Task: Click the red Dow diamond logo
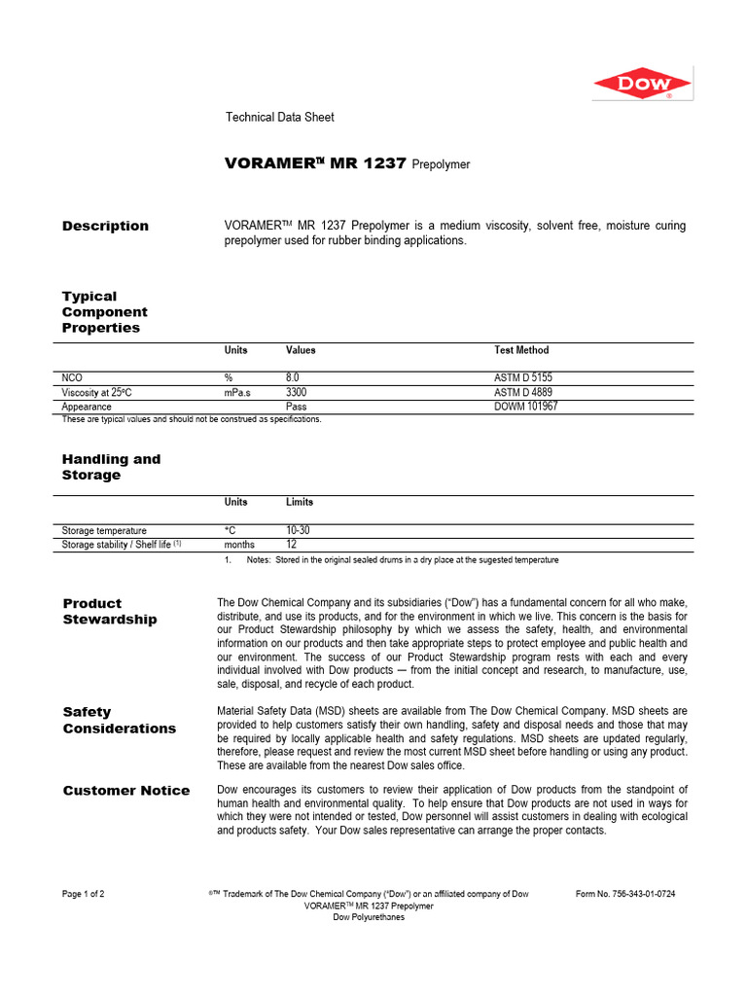click(x=642, y=84)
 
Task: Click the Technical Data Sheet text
click(x=279, y=117)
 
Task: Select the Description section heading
click(x=105, y=226)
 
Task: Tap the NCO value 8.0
click(x=293, y=377)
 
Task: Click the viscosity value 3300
click(x=297, y=392)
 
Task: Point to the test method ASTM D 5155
click(x=523, y=377)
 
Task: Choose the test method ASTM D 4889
click(x=523, y=392)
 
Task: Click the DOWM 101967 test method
click(x=525, y=407)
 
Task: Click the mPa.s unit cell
click(x=238, y=392)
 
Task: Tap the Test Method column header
click(x=521, y=350)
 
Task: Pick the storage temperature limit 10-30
click(x=298, y=531)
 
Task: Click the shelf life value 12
click(x=291, y=546)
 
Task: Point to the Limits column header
click(x=300, y=502)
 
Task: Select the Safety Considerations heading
click(x=119, y=720)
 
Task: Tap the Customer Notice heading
click(x=126, y=791)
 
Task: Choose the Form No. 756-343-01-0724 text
click(x=625, y=894)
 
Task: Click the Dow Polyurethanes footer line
click(x=369, y=917)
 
